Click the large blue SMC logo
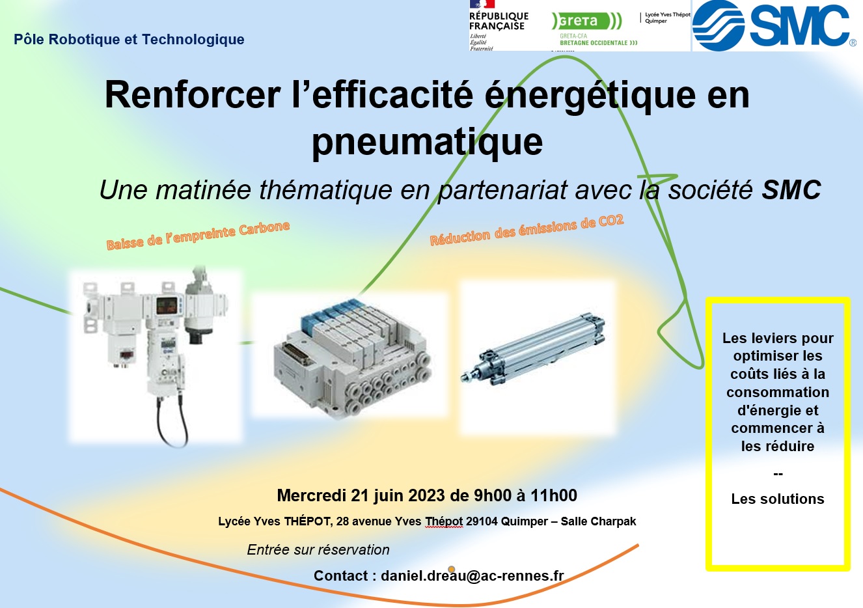click(774, 25)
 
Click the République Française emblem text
click(499, 21)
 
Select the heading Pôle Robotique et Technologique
click(129, 39)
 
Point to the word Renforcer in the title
click(193, 95)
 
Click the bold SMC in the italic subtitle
click(791, 189)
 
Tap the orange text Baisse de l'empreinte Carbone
click(198, 235)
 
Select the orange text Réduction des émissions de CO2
click(527, 230)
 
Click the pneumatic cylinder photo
click(533, 349)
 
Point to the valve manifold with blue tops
click(352, 359)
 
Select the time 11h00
click(554, 495)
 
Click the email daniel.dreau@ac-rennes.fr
click(473, 575)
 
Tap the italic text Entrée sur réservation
click(318, 550)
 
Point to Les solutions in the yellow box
click(778, 499)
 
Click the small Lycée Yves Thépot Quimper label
click(667, 18)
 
